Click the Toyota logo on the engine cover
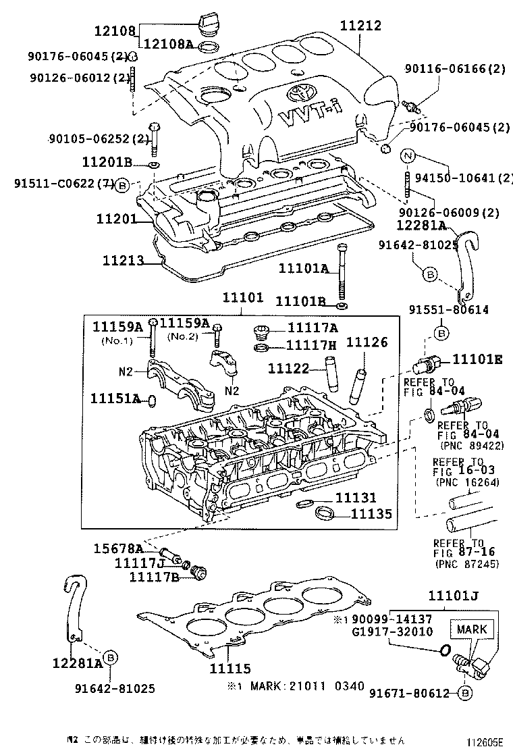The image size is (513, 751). [x=298, y=93]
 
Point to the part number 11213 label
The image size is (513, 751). [x=124, y=260]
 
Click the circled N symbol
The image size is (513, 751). [x=407, y=157]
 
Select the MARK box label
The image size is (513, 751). [x=471, y=629]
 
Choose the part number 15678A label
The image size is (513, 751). [x=138, y=548]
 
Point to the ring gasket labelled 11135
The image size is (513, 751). [x=325, y=513]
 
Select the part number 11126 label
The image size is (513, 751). [x=367, y=342]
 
